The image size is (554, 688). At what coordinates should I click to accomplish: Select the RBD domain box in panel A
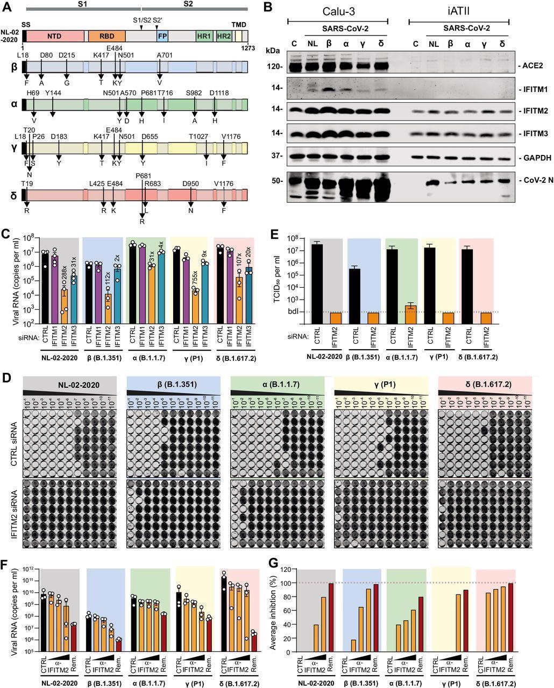point(106,37)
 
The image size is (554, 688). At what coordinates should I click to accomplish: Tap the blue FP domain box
point(162,37)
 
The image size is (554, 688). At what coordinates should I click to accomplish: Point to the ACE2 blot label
point(531,67)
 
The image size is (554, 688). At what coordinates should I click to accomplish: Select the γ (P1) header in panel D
point(381,385)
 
